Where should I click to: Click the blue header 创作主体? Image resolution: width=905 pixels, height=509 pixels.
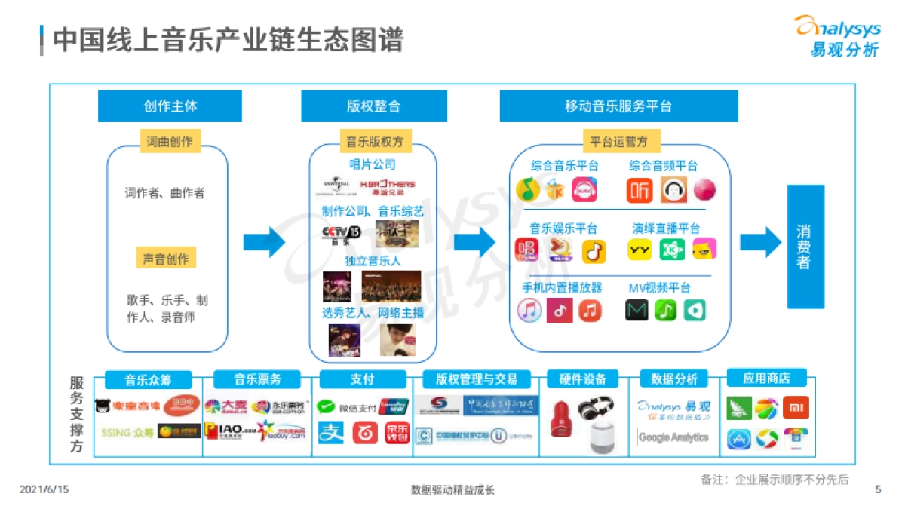pyautogui.click(x=170, y=106)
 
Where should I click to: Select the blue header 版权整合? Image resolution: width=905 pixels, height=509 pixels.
pyautogui.click(x=373, y=106)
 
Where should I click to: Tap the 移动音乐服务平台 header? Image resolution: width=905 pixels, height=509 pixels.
pyautogui.click(x=618, y=106)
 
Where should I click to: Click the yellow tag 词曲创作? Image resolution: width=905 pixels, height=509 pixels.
pyautogui.click(x=170, y=141)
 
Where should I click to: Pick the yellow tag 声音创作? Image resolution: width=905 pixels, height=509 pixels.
pyautogui.click(x=166, y=259)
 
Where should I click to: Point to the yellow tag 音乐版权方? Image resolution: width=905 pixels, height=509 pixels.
pyautogui.click(x=374, y=141)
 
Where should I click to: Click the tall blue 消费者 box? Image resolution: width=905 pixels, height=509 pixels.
pyautogui.click(x=805, y=247)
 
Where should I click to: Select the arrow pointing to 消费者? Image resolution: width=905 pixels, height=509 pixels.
pyautogui.click(x=760, y=242)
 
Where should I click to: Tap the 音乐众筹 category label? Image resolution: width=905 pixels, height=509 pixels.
pyautogui.click(x=148, y=379)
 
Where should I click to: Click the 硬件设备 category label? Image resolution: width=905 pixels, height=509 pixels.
pyautogui.click(x=583, y=379)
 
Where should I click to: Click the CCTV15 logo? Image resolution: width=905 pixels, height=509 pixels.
pyautogui.click(x=342, y=234)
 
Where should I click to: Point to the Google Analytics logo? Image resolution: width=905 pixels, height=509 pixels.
pyautogui.click(x=673, y=437)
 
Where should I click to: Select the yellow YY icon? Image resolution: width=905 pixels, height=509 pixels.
pyautogui.click(x=640, y=250)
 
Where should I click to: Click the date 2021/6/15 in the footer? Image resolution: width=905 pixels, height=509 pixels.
pyautogui.click(x=44, y=489)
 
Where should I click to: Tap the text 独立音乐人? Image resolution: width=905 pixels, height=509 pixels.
pyautogui.click(x=373, y=261)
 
